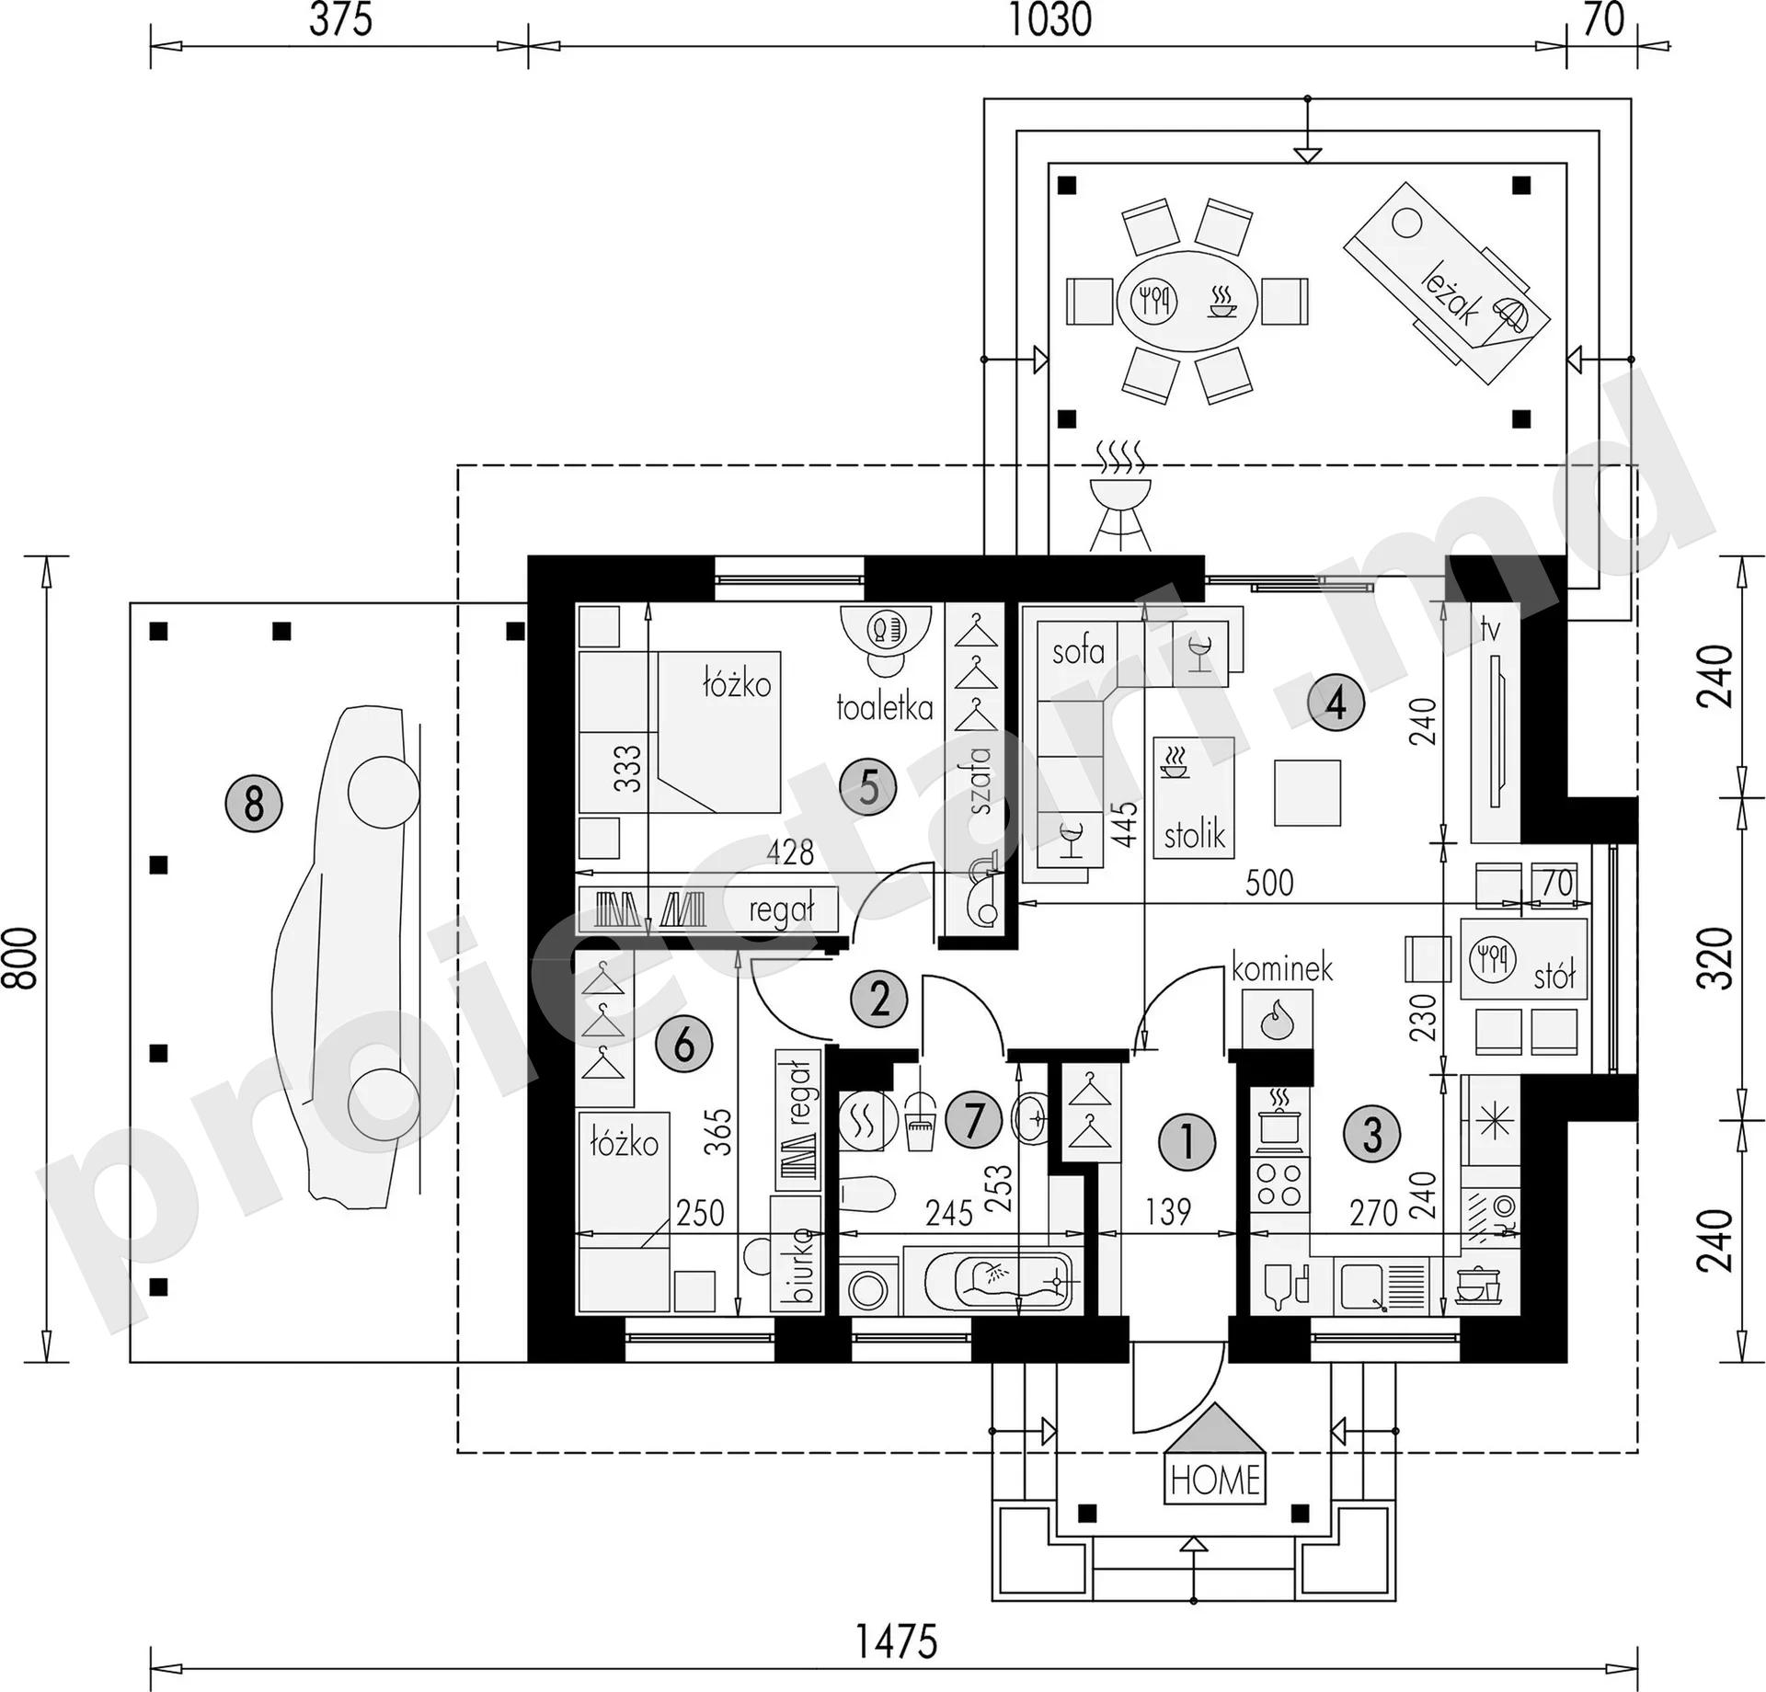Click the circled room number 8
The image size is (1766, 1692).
click(x=254, y=803)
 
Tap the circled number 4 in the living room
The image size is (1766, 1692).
click(x=1336, y=703)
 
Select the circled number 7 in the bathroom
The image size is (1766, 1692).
click(x=974, y=1120)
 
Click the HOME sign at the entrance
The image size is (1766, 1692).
click(x=1215, y=1480)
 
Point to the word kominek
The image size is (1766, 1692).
click(x=1281, y=968)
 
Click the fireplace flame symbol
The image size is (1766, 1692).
click(x=1277, y=1019)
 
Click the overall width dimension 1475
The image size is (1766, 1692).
click(x=896, y=1641)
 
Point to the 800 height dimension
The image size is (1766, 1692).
click(x=22, y=957)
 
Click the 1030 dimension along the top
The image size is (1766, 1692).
click(x=1050, y=20)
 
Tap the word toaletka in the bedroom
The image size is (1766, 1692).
click(x=885, y=707)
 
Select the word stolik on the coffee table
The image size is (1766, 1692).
click(x=1195, y=835)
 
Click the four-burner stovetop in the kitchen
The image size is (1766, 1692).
click(x=1279, y=1183)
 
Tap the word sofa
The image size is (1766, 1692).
click(x=1078, y=651)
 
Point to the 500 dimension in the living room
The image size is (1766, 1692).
click(x=1269, y=883)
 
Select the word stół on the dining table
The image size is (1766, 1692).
click(x=1554, y=975)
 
